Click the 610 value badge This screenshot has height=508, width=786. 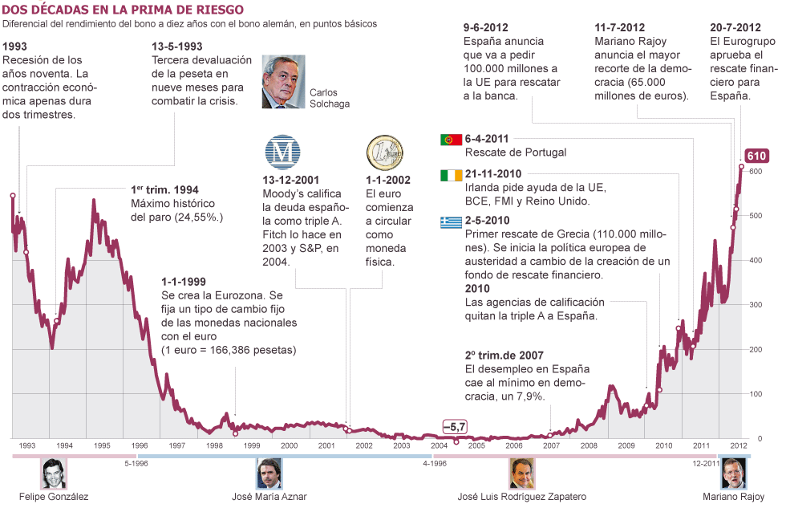756,156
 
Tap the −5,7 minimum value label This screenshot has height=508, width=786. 455,426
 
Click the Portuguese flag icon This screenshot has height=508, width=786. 451,140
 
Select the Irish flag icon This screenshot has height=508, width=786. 451,175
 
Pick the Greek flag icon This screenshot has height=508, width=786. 451,222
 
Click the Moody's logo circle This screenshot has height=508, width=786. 282,152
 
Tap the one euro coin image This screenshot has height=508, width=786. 384,152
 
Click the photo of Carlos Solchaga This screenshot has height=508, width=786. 282,81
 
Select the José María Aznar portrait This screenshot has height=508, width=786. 269,473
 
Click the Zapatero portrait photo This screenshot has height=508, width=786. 521,473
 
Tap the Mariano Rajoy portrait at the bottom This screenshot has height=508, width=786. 731,473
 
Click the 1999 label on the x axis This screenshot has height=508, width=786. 252,445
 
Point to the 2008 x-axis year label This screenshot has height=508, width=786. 589,445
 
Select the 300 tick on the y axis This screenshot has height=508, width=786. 755,305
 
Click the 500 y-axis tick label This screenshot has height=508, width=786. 755,216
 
